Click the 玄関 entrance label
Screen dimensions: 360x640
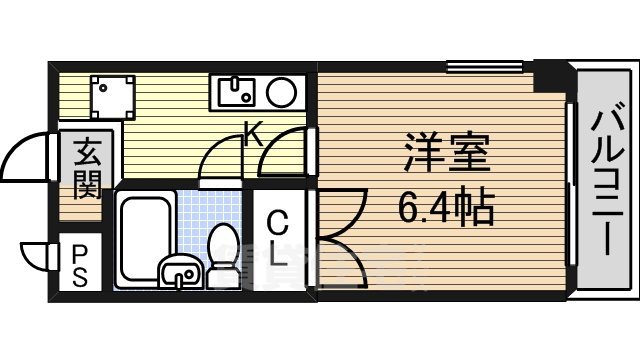tap(85, 169)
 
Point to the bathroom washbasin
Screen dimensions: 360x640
tap(179, 271)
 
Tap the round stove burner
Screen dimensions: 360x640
tap(281, 94)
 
